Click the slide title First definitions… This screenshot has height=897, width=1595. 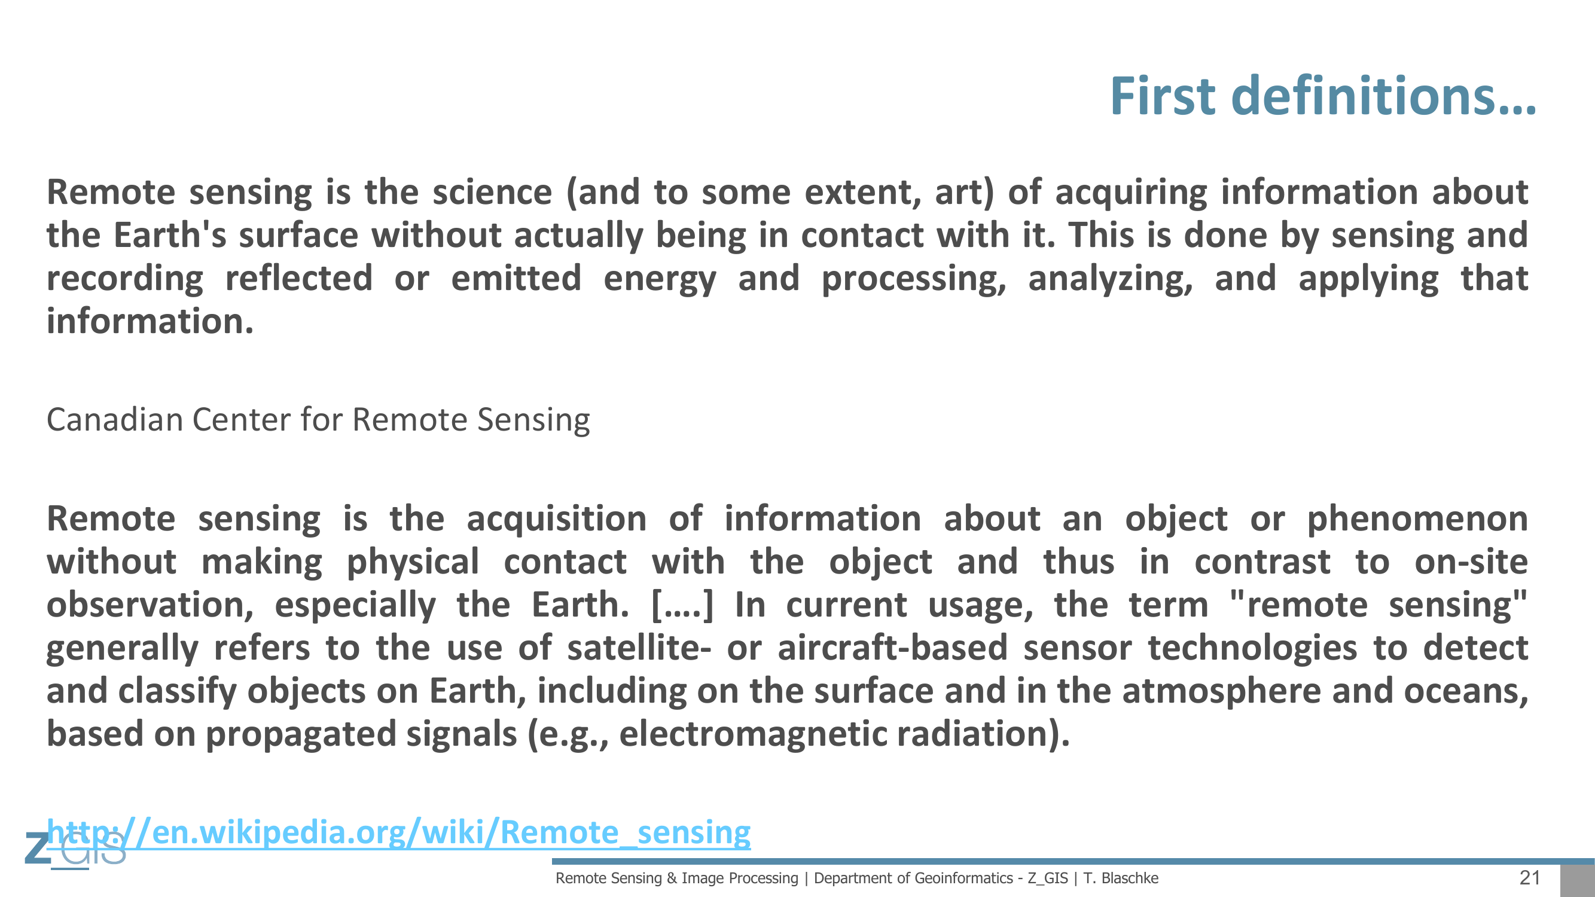pos(1323,96)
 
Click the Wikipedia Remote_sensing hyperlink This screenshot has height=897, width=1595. pos(399,831)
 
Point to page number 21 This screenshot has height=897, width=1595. pos(1529,877)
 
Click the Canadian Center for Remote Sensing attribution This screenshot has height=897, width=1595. pos(318,420)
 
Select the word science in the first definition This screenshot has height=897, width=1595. pos(492,192)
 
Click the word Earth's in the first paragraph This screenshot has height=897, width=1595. pos(170,235)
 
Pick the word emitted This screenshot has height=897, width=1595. pos(516,278)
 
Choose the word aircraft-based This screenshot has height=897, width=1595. pos(893,648)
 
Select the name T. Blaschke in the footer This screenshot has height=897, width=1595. pos(1121,878)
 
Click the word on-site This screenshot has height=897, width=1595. pos(1471,562)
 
